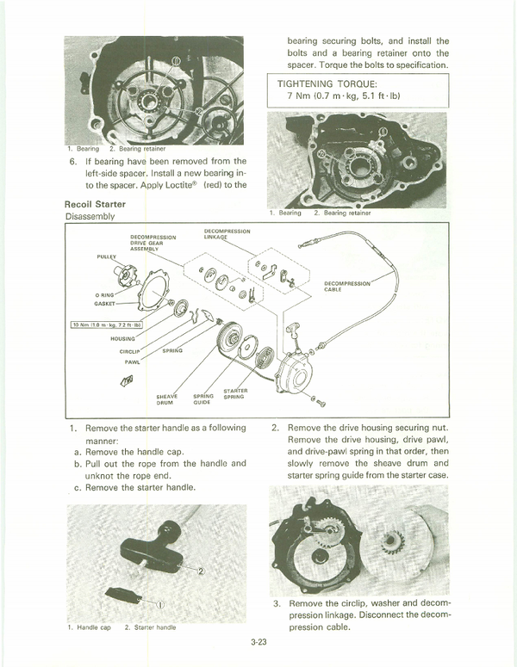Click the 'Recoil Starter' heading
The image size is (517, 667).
click(x=95, y=204)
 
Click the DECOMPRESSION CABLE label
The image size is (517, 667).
click(x=347, y=286)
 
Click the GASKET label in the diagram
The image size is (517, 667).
click(x=108, y=304)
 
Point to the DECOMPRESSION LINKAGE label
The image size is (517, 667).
click(x=227, y=234)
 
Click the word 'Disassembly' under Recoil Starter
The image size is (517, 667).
click(x=90, y=217)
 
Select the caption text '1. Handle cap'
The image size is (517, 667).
click(x=89, y=627)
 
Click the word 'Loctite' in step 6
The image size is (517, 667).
click(x=175, y=185)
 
